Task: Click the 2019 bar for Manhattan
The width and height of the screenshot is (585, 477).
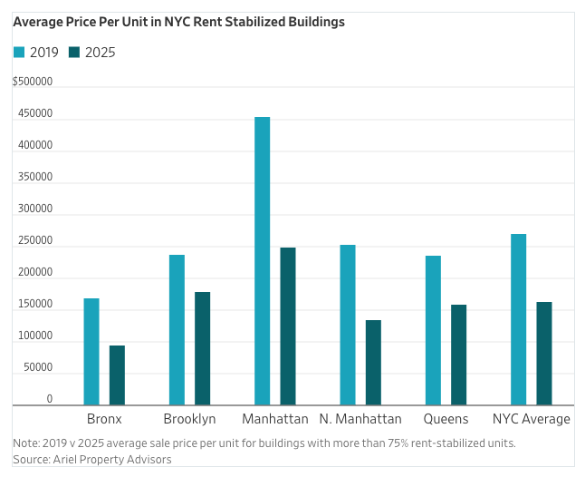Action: point(262,260)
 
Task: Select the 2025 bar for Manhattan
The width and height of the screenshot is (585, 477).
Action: point(288,326)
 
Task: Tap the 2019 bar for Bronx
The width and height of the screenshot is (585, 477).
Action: point(91,351)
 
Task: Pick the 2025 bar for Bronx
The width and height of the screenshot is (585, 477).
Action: point(117,375)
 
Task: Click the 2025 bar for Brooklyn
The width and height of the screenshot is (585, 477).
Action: point(202,348)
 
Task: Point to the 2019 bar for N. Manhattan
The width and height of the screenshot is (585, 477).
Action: point(348,325)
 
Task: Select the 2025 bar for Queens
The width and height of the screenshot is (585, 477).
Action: point(458,355)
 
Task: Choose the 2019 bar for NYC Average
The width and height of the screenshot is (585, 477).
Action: point(518,319)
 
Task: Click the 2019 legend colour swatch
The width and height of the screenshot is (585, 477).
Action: point(19,53)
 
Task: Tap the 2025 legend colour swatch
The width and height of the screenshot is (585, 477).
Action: point(74,53)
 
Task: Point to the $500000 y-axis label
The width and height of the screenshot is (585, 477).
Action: point(33,82)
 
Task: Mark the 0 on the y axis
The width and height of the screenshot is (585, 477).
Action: point(50,399)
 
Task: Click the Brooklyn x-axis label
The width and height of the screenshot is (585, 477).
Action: point(189,419)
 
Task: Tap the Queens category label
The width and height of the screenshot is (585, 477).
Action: point(446,419)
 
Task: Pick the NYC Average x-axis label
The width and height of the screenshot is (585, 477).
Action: point(531,419)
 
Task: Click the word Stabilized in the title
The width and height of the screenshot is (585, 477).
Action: point(240,22)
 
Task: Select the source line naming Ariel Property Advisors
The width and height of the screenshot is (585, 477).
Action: point(92,460)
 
